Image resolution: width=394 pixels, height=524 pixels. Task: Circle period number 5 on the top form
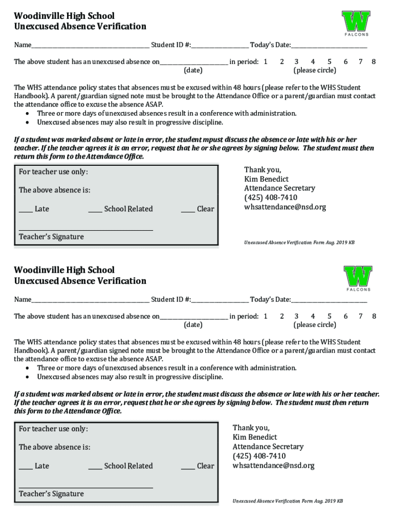(330, 61)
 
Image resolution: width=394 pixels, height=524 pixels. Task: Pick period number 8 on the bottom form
(374, 316)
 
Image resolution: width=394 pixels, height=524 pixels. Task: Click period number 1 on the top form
(266, 61)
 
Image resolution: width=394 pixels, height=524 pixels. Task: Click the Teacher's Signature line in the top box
(86, 229)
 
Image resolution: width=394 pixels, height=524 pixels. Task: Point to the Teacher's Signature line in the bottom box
(86, 487)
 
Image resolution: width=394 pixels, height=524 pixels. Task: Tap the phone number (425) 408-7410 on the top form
(271, 198)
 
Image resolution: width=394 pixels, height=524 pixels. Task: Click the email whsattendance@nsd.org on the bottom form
(273, 466)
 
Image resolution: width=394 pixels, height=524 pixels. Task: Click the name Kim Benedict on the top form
(266, 179)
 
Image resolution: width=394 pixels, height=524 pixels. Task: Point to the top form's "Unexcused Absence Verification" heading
(80, 27)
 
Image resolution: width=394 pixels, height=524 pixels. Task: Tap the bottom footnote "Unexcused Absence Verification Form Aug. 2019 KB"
(288, 501)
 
